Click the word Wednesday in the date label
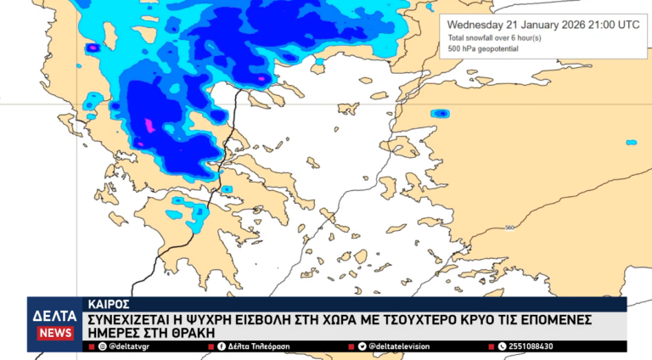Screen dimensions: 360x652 click(x=476, y=25)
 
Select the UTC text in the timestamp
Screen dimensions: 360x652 click(x=628, y=25)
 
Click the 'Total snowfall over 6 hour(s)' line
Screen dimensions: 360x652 click(x=494, y=38)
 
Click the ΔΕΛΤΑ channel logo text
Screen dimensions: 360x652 click(x=54, y=315)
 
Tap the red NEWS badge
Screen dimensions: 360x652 click(x=54, y=333)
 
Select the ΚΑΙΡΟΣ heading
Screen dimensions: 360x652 click(x=108, y=302)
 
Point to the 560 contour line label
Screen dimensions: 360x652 click(x=509, y=228)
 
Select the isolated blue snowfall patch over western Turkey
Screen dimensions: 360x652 click(x=440, y=113)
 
